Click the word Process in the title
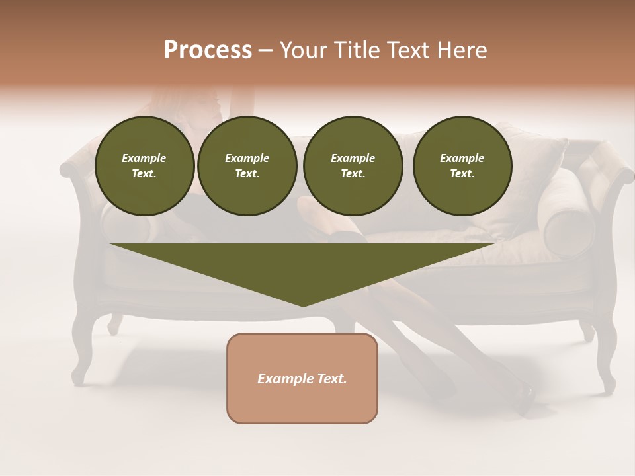click(208, 50)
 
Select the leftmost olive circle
click(145, 165)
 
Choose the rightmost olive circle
click(462, 165)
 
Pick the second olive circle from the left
click(247, 165)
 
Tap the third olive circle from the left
click(353, 165)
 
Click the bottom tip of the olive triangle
click(304, 305)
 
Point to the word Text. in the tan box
click(331, 379)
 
